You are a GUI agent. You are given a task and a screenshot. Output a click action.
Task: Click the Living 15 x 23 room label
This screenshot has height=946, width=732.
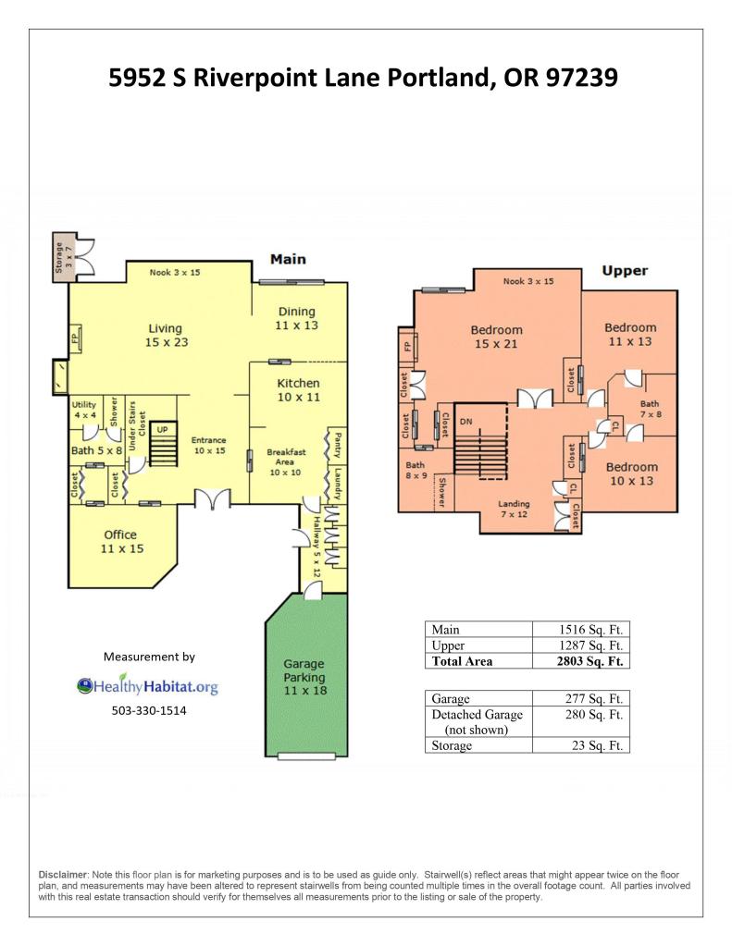tap(166, 336)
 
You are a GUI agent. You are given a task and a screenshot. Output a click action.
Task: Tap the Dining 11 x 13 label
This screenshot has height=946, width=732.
tap(296, 318)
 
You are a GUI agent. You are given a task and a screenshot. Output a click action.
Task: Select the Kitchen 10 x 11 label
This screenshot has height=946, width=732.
tap(298, 390)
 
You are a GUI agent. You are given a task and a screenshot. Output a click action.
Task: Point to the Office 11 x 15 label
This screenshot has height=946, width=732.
tap(122, 542)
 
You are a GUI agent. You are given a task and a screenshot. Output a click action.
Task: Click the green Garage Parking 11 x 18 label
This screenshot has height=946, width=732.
tap(304, 677)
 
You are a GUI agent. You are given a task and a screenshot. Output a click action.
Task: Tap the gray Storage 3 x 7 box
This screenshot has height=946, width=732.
tap(64, 256)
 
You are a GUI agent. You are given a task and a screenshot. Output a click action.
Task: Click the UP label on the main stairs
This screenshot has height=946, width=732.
tap(163, 430)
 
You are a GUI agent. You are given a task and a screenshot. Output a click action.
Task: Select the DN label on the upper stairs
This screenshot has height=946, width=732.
tap(465, 422)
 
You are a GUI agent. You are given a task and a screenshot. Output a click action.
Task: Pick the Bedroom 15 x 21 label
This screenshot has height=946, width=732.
tap(496, 337)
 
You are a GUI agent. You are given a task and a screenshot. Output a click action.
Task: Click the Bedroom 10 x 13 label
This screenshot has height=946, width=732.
tap(632, 474)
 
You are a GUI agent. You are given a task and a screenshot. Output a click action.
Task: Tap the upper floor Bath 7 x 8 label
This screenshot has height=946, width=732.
tap(651, 409)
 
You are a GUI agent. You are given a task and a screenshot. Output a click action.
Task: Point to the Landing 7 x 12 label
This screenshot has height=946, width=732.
tap(514, 510)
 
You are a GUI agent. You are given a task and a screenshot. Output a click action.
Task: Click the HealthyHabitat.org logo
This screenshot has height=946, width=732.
tap(147, 686)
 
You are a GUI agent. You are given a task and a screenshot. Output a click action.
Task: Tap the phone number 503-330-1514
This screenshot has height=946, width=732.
tap(149, 711)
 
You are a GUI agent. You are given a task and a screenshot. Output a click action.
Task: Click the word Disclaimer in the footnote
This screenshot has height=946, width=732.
tap(64, 875)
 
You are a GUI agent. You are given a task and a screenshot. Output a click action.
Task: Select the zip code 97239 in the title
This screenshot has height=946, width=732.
tap(581, 78)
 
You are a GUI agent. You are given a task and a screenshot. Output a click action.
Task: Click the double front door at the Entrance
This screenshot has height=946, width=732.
tap(213, 499)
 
